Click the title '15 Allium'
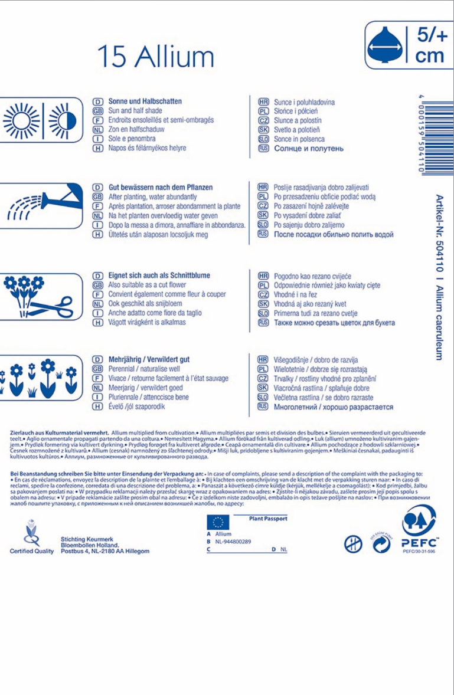(156, 57)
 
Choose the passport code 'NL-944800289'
(233, 541)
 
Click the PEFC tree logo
(419, 520)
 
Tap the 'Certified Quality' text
(31, 551)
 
